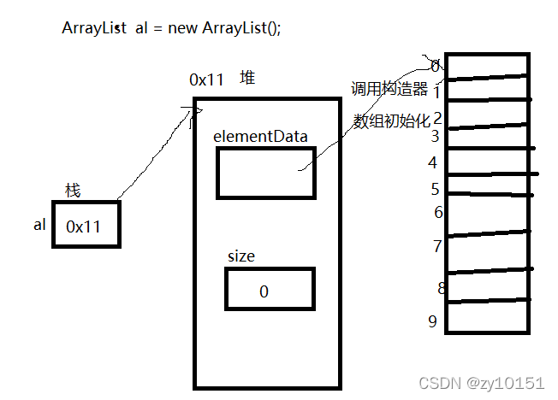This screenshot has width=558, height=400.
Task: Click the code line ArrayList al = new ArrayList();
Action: click(x=171, y=26)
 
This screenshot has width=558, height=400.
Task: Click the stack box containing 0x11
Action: click(x=86, y=225)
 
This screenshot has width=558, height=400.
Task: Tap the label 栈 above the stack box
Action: click(x=74, y=190)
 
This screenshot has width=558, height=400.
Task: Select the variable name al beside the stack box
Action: click(x=39, y=225)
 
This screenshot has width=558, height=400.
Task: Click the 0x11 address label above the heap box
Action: click(x=206, y=79)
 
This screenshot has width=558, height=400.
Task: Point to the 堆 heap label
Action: click(x=246, y=79)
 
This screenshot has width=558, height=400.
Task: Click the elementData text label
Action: click(x=260, y=135)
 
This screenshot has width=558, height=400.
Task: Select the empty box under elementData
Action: click(x=265, y=173)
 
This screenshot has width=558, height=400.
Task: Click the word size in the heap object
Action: click(x=240, y=256)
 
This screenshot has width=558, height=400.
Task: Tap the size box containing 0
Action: click(x=270, y=289)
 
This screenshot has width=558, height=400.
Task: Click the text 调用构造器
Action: click(x=389, y=89)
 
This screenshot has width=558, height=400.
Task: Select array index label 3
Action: click(x=435, y=135)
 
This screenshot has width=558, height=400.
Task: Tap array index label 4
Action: click(x=433, y=162)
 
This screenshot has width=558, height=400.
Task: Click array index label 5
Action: click(x=435, y=189)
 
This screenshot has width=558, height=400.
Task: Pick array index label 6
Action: click(x=438, y=212)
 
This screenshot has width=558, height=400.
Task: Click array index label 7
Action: click(x=436, y=246)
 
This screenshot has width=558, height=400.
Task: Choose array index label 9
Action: click(x=433, y=321)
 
